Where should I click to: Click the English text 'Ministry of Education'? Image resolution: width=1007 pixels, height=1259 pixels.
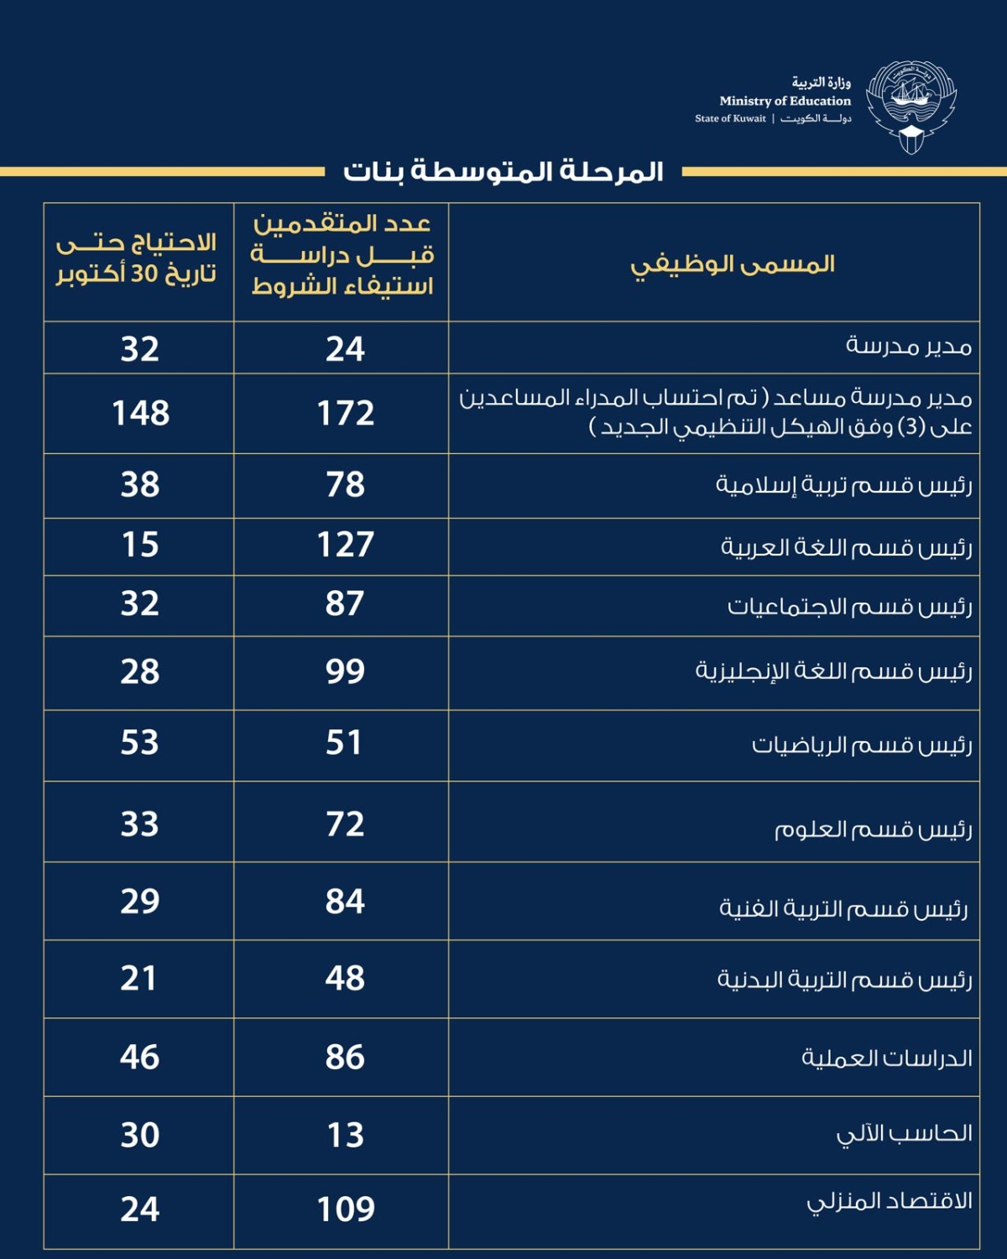785,101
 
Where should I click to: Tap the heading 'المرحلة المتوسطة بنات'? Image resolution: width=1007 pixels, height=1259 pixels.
503,172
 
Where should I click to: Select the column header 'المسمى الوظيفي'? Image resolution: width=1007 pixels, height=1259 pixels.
733,264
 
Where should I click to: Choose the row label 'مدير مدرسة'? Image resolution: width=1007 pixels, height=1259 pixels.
908,346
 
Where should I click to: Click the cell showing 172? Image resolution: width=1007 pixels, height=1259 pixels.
345,413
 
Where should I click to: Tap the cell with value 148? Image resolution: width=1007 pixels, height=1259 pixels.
140,413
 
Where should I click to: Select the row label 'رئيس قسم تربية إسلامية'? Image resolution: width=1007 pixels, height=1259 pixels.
843,485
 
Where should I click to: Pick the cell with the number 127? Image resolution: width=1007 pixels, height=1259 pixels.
345,545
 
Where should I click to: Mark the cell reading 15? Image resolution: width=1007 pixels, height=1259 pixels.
140,545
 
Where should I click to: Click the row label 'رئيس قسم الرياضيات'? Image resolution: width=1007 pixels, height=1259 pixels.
861,745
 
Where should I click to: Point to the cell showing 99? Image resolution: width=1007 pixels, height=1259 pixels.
345,671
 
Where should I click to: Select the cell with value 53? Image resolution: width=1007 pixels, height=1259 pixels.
140,743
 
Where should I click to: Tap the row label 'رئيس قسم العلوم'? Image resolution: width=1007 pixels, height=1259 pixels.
873,829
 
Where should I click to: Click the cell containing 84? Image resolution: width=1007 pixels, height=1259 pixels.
345,901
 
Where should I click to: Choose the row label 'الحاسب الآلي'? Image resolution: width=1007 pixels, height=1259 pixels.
904,1134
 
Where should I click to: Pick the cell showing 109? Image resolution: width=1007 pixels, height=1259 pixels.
345,1209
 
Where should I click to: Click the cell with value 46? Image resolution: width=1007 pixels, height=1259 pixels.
140,1057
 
